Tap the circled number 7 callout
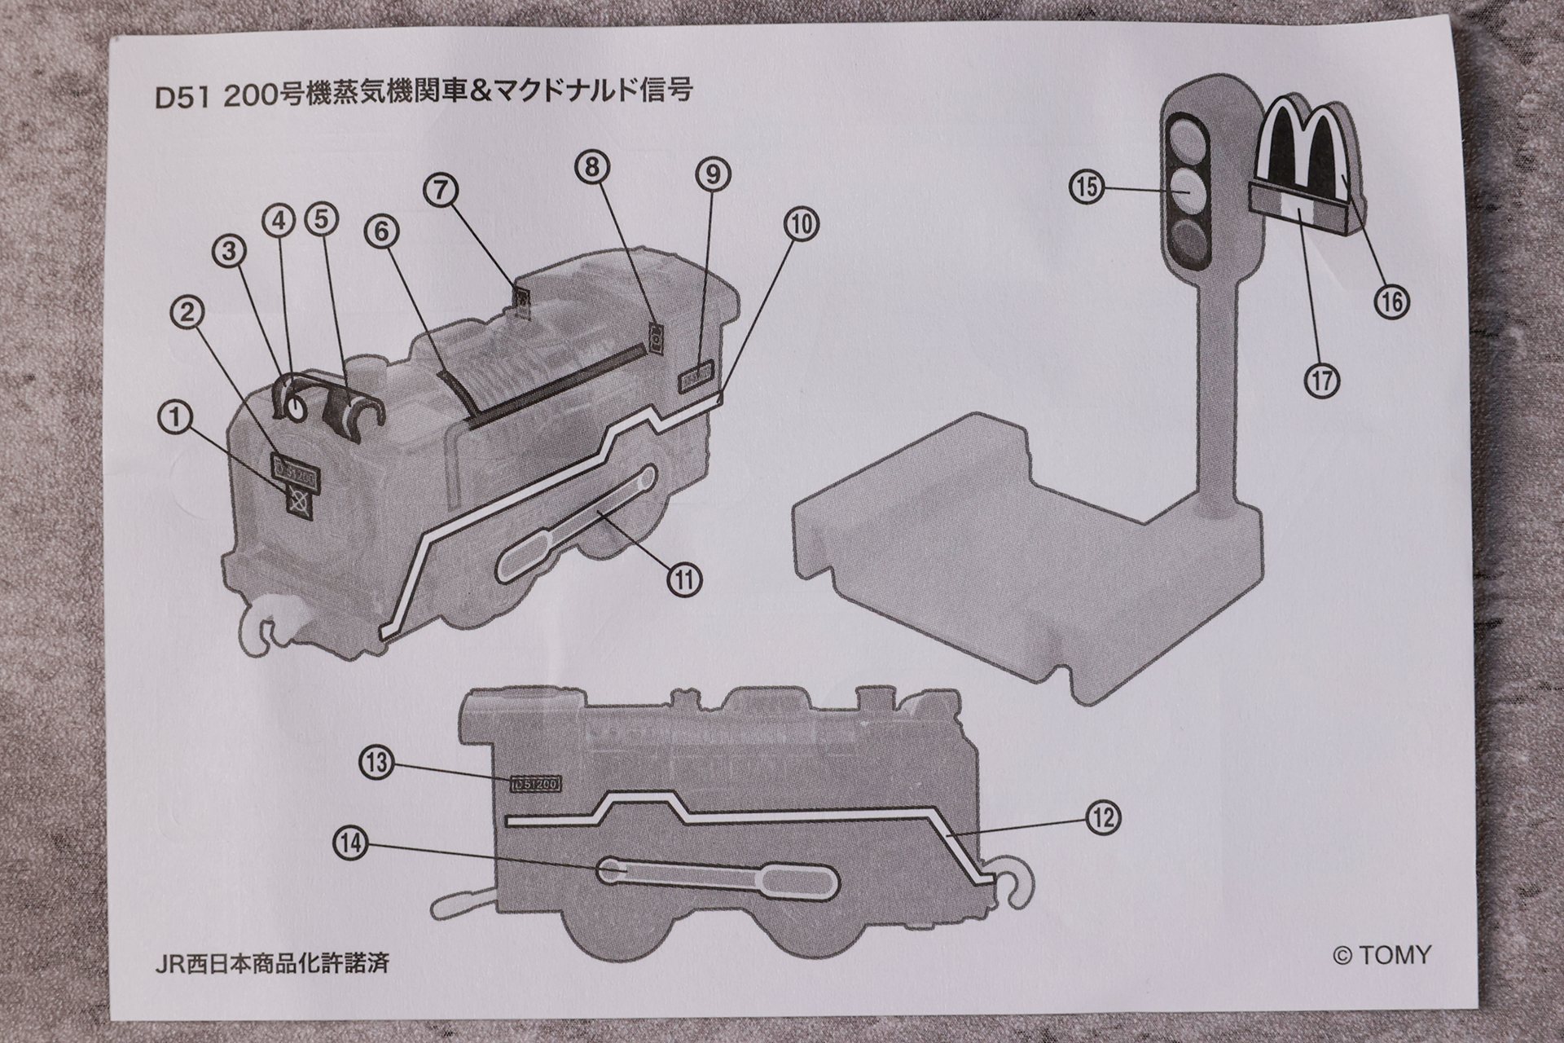coord(440,190)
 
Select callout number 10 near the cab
coord(802,223)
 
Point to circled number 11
coord(684,579)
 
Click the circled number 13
coord(376,764)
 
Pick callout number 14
coord(351,844)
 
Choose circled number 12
coord(1104,817)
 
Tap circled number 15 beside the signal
coord(1087,187)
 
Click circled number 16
coord(1391,302)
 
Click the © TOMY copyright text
coord(1382,954)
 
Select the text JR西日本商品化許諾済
coord(272,962)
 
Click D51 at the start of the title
coord(182,95)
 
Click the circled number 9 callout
coord(713,174)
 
